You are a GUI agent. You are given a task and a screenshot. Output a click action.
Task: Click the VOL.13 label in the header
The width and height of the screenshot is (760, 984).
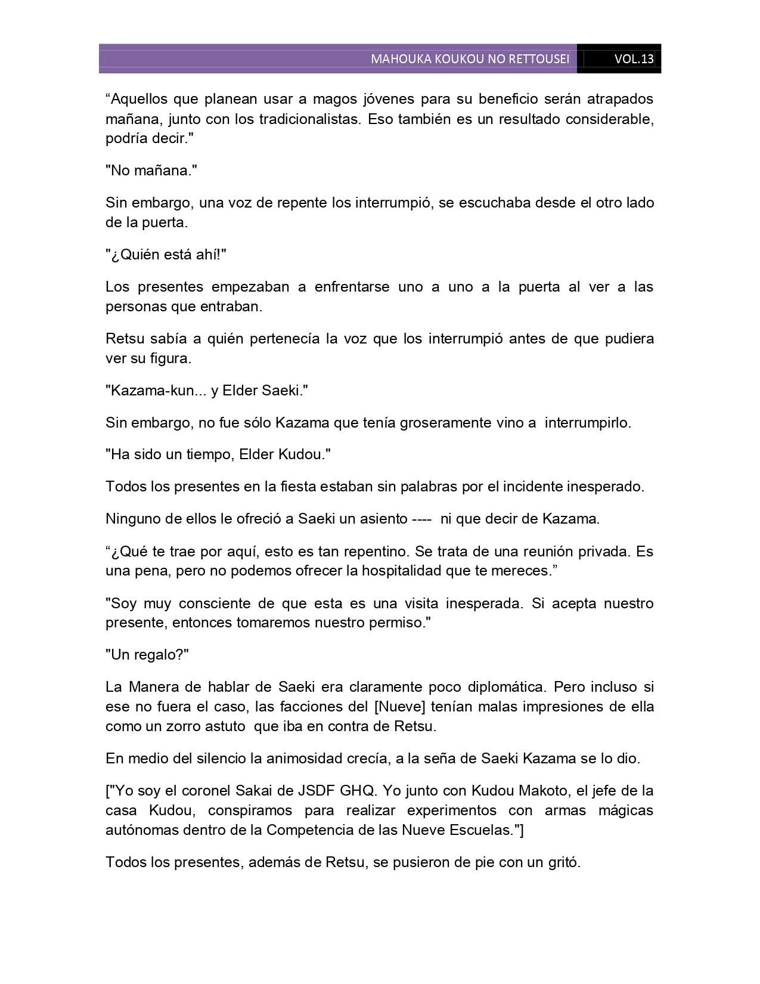(634, 59)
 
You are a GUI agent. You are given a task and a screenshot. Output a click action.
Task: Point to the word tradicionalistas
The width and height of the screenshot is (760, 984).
(309, 119)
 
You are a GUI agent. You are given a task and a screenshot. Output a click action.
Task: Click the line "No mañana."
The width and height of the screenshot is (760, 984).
(151, 171)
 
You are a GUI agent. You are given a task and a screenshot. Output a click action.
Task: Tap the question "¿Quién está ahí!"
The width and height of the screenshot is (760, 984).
(166, 255)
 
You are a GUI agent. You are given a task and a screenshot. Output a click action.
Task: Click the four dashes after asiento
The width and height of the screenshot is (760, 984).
(422, 519)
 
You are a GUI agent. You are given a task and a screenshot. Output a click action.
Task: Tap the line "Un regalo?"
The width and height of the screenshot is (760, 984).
(147, 655)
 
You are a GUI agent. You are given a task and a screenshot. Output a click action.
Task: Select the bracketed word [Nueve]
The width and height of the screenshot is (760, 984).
(399, 707)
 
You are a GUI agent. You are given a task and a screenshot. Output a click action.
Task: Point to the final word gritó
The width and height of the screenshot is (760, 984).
(562, 862)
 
